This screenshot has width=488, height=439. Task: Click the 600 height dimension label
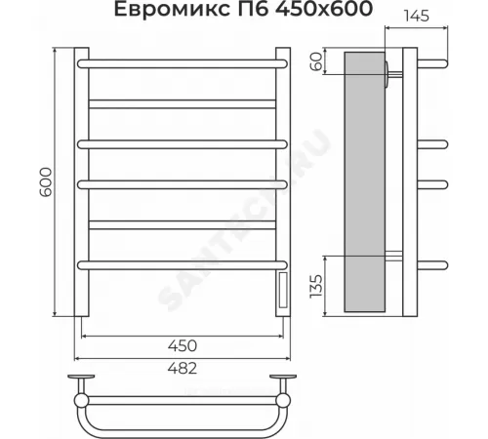click(46, 181)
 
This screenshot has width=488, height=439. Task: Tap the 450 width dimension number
click(183, 345)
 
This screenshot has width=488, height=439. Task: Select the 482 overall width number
click(183, 369)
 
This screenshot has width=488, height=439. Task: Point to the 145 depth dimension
click(417, 16)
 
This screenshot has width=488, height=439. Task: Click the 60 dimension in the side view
click(316, 61)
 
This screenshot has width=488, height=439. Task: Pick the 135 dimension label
click(316, 286)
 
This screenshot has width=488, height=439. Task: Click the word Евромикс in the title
click(172, 9)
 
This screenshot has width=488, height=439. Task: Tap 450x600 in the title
click(324, 9)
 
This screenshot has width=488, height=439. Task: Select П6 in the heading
click(253, 9)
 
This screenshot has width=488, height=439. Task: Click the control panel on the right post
click(283, 291)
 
